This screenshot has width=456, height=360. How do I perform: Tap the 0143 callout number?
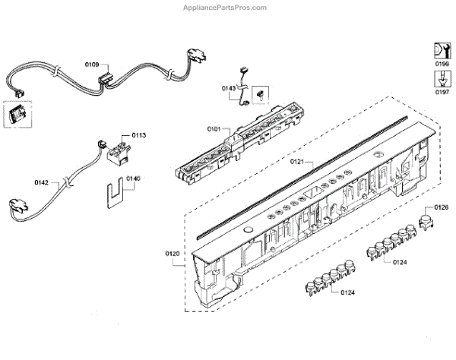[x=229, y=89]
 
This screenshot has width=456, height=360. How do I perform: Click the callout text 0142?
[x=43, y=182]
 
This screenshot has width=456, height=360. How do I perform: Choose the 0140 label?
[x=134, y=179]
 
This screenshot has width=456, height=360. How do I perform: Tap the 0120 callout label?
[x=173, y=252]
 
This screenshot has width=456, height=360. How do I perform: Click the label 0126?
[x=442, y=207]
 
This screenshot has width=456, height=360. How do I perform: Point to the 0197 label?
[x=442, y=91]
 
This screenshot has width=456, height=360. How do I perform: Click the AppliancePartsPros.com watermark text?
[x=227, y=7]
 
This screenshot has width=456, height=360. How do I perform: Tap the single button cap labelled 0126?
[x=426, y=221]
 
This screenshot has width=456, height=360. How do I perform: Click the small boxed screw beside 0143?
[x=260, y=93]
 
